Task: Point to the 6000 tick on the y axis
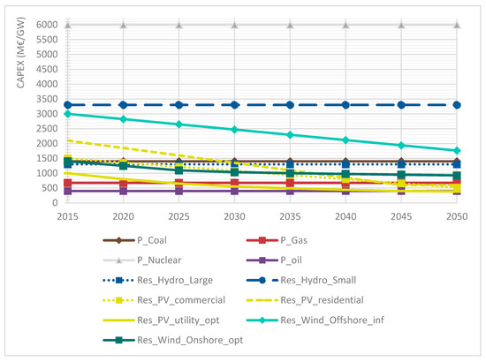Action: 46,25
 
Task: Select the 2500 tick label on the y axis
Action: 46,129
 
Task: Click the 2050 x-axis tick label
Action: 457,215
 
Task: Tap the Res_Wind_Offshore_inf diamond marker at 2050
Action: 457,150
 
